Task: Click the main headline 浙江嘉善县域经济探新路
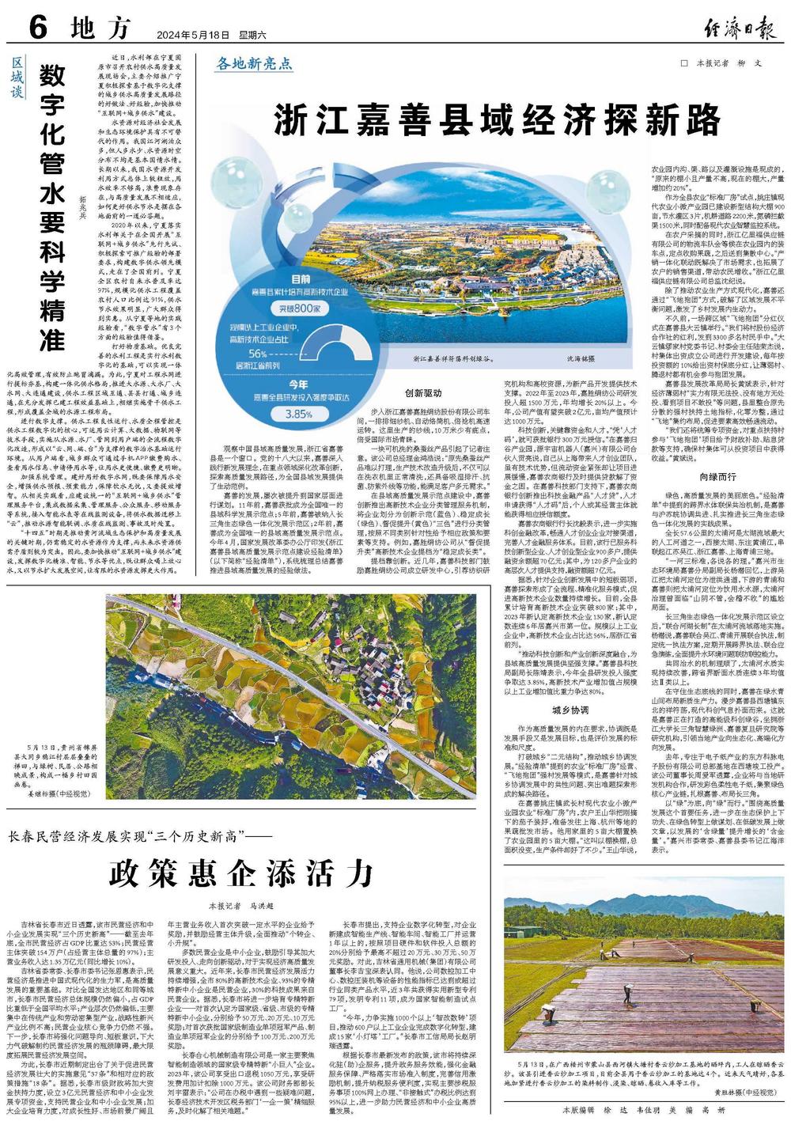click(x=499, y=121)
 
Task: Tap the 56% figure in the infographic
click(x=258, y=352)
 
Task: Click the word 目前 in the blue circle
click(x=300, y=279)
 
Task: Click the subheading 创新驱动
click(x=422, y=392)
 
